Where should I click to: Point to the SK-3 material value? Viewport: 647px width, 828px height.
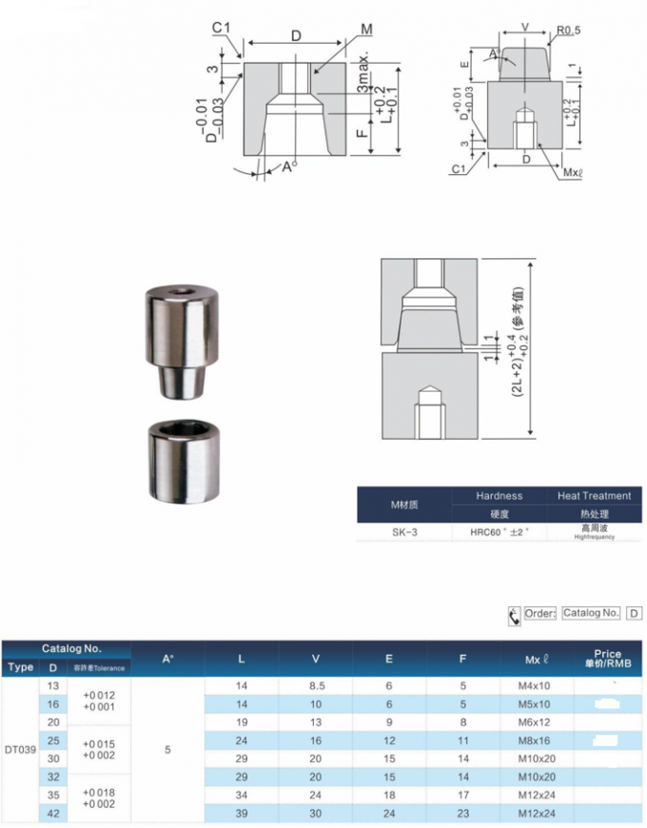(404, 533)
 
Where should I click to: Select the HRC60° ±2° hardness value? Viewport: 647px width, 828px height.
(500, 533)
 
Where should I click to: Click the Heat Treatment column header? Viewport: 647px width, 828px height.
(594, 496)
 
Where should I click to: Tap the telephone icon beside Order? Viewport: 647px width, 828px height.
(514, 615)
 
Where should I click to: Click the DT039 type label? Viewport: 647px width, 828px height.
(20, 750)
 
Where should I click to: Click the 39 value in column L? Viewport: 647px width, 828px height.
(242, 814)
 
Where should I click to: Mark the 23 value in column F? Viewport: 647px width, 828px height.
(462, 814)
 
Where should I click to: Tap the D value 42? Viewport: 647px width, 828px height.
(53, 814)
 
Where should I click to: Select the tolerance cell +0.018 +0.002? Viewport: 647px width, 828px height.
(97, 798)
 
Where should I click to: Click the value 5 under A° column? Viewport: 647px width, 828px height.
(167, 750)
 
